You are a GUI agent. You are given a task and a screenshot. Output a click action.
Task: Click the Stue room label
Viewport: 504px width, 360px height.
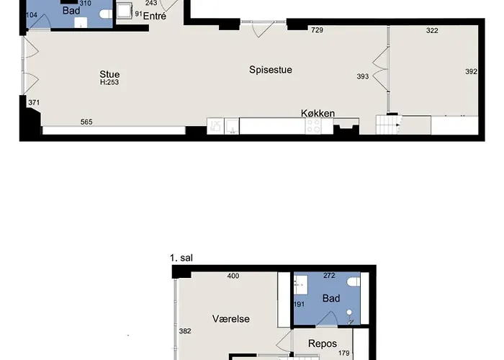click(x=110, y=74)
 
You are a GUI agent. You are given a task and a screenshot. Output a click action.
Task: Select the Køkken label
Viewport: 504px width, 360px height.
click(x=318, y=113)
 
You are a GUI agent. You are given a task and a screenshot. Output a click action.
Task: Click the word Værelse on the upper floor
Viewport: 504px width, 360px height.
click(x=230, y=318)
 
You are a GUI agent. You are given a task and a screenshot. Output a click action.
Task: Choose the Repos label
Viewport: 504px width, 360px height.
click(x=322, y=343)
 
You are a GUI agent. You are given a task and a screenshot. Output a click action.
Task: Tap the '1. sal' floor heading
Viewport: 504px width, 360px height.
click(x=182, y=258)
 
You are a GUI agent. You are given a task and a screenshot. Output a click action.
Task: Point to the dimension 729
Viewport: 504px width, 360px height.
click(x=317, y=30)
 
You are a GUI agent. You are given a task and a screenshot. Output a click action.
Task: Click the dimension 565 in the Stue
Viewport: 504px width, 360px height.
click(x=86, y=122)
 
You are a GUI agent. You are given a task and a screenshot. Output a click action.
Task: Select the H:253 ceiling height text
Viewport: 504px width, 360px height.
click(x=110, y=83)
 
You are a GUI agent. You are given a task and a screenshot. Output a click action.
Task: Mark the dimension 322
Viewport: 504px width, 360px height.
click(x=432, y=30)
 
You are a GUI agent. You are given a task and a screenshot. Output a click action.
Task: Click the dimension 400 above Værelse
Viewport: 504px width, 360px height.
click(x=233, y=276)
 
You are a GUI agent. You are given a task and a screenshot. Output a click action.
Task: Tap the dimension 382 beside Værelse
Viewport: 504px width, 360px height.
click(x=185, y=331)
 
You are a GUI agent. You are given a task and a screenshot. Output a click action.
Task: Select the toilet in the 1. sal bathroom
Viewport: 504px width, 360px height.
click(x=352, y=285)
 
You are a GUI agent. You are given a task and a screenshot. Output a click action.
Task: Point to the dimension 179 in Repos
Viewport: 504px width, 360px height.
click(x=343, y=353)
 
